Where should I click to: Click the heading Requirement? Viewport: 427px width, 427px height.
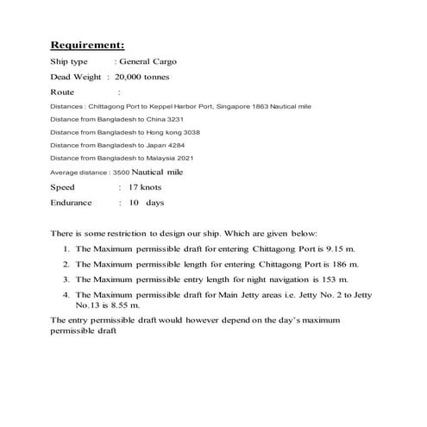pyautogui.click(x=87, y=44)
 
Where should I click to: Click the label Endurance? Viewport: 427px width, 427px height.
pyautogui.click(x=72, y=202)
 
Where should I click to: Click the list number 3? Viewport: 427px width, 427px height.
pyautogui.click(x=66, y=279)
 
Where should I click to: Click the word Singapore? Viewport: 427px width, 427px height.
pyautogui.click(x=242, y=105)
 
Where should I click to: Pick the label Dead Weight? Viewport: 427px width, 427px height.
pyautogui.click(x=75, y=76)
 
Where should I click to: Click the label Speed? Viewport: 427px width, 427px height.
pyautogui.click(x=63, y=186)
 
